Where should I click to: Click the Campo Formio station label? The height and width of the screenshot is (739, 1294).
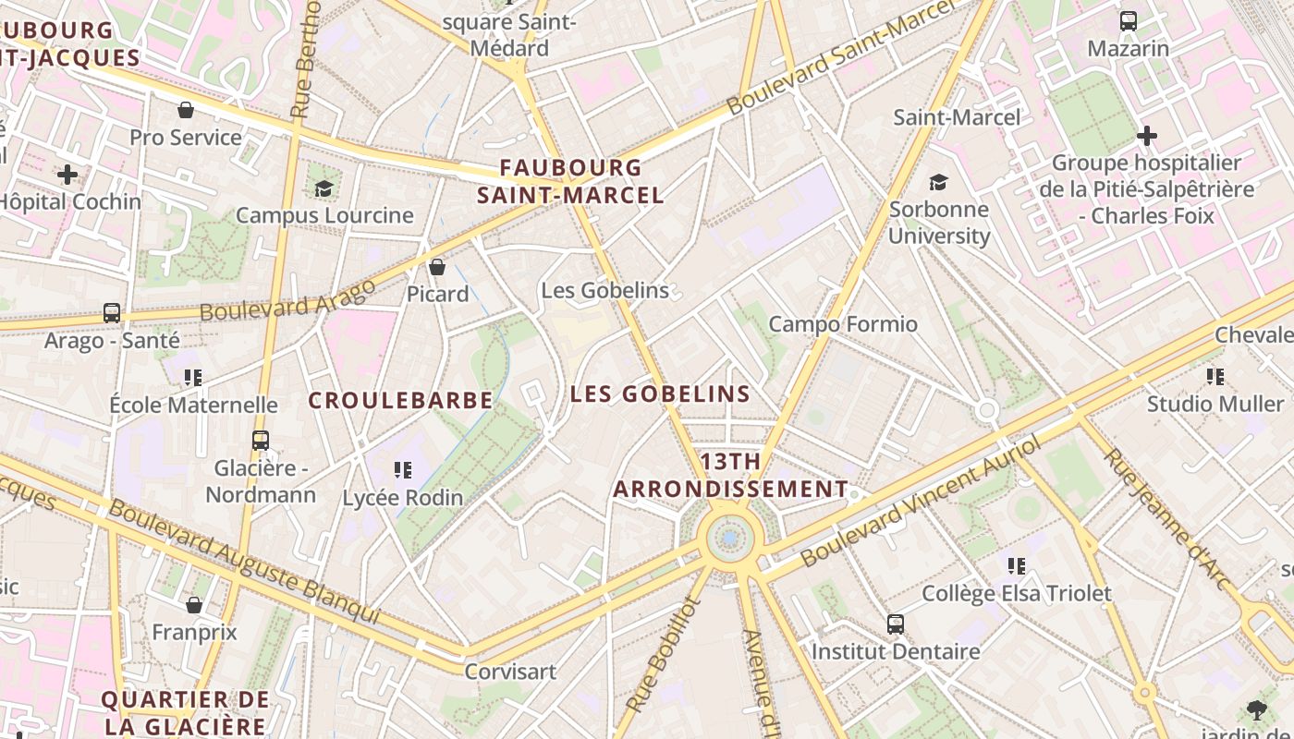(843, 324)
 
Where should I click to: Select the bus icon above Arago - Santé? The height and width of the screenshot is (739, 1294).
(112, 312)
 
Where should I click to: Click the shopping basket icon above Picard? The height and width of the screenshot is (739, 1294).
(437, 267)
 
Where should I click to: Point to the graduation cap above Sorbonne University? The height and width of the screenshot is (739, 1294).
(939, 182)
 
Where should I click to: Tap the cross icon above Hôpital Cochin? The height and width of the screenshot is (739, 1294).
(67, 174)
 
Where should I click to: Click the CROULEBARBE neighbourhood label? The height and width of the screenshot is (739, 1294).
(400, 400)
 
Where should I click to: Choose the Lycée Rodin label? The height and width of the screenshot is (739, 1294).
(403, 498)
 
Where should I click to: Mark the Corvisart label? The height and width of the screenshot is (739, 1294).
(510, 672)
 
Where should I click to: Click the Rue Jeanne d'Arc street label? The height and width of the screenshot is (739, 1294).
(1166, 519)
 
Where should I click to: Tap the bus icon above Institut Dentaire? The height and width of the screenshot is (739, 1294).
(896, 624)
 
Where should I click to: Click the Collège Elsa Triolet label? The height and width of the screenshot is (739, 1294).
(1017, 593)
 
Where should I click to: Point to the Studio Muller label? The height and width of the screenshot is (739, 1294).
(1215, 404)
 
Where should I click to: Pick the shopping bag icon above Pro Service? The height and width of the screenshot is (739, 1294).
(186, 110)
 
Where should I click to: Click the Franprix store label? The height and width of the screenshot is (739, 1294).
(194, 633)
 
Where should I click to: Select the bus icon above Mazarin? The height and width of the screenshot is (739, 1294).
(1128, 21)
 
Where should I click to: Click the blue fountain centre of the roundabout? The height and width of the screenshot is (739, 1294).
(730, 538)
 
